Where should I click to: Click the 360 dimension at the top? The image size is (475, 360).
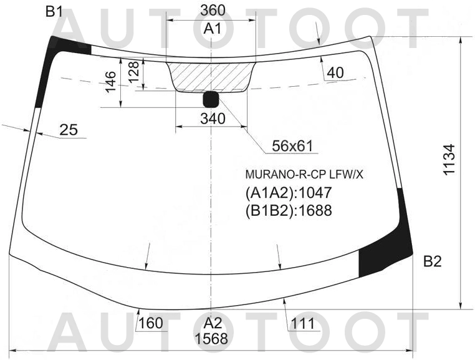pos(213,11)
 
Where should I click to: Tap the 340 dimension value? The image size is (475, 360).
pos(213,119)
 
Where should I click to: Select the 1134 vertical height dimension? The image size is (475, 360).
pos(449,160)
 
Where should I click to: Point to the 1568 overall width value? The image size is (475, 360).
pos(211,338)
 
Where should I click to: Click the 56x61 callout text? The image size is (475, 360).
pos(292,146)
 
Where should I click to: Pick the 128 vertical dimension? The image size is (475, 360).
pos(133,72)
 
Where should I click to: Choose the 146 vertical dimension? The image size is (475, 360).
pos(110,81)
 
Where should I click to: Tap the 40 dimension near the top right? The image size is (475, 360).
pos(335,73)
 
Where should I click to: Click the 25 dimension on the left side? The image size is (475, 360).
pos(69,130)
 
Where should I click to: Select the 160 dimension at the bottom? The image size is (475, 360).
pos(151,323)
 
